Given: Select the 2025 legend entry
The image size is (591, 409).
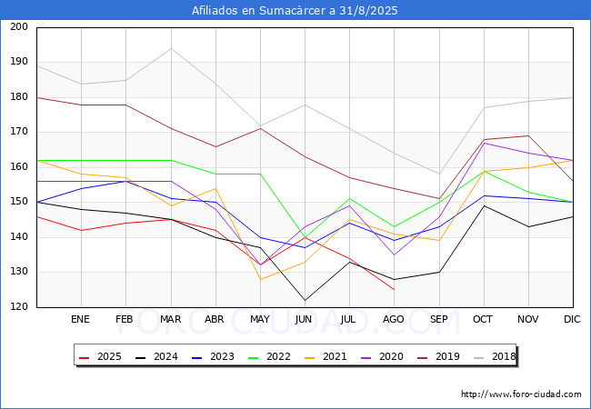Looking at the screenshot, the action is [100, 356].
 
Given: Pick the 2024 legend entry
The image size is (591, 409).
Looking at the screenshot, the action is [156, 356].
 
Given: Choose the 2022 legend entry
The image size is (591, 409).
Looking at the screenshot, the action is [269, 356].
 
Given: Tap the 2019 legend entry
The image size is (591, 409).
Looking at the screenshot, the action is [439, 356].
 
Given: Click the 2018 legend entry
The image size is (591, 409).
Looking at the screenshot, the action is [495, 356].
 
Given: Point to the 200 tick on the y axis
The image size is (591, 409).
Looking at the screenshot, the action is [19, 26].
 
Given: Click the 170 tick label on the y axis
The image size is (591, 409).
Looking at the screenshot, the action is [19, 132].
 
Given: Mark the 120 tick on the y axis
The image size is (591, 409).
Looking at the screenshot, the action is [19, 307].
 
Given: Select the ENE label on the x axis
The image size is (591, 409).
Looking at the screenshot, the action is [80, 319].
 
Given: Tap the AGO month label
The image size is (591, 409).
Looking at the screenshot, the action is [394, 319].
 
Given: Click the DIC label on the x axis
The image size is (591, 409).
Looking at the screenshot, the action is [572, 319].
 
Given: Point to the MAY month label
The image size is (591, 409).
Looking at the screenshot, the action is [260, 319].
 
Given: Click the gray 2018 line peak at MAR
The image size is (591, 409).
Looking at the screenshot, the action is [171, 48].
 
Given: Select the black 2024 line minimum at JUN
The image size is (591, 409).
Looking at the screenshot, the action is [305, 300].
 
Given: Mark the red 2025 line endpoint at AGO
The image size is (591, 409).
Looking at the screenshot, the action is [395, 290].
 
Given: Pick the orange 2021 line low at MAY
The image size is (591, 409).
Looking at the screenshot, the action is [260, 279].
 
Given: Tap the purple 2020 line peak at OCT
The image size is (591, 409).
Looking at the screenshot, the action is [484, 143].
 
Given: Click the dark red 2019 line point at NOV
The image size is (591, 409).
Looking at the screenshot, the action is [528, 136].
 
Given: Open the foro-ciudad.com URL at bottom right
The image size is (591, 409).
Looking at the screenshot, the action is [521, 394].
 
